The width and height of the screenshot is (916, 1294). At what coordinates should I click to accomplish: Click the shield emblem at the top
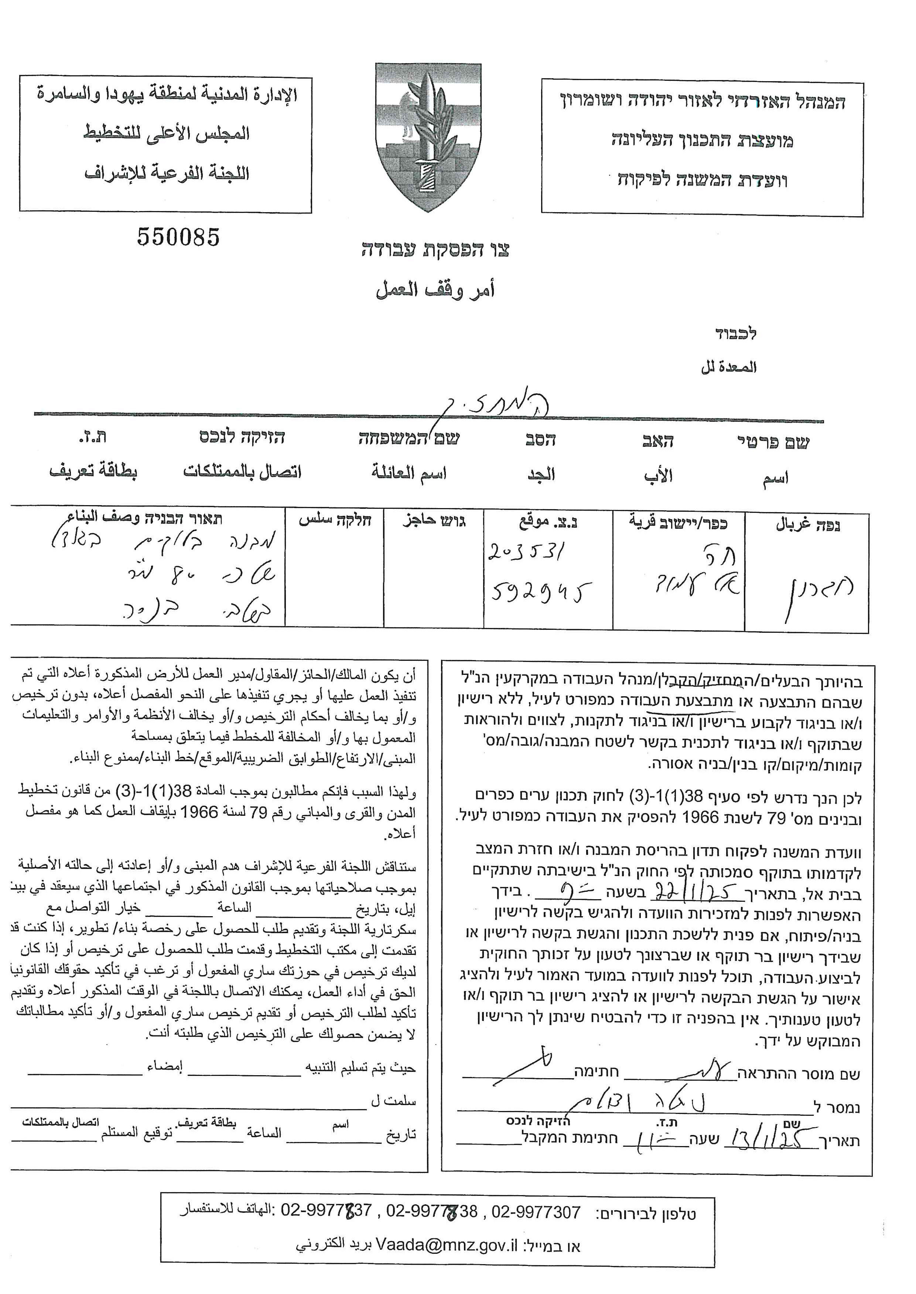tap(428, 137)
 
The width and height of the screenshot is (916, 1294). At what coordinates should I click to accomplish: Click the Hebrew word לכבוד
tap(735, 334)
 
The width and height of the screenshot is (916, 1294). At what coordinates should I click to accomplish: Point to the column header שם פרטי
tap(773, 442)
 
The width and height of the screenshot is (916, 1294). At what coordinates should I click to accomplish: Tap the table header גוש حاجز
tap(434, 520)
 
